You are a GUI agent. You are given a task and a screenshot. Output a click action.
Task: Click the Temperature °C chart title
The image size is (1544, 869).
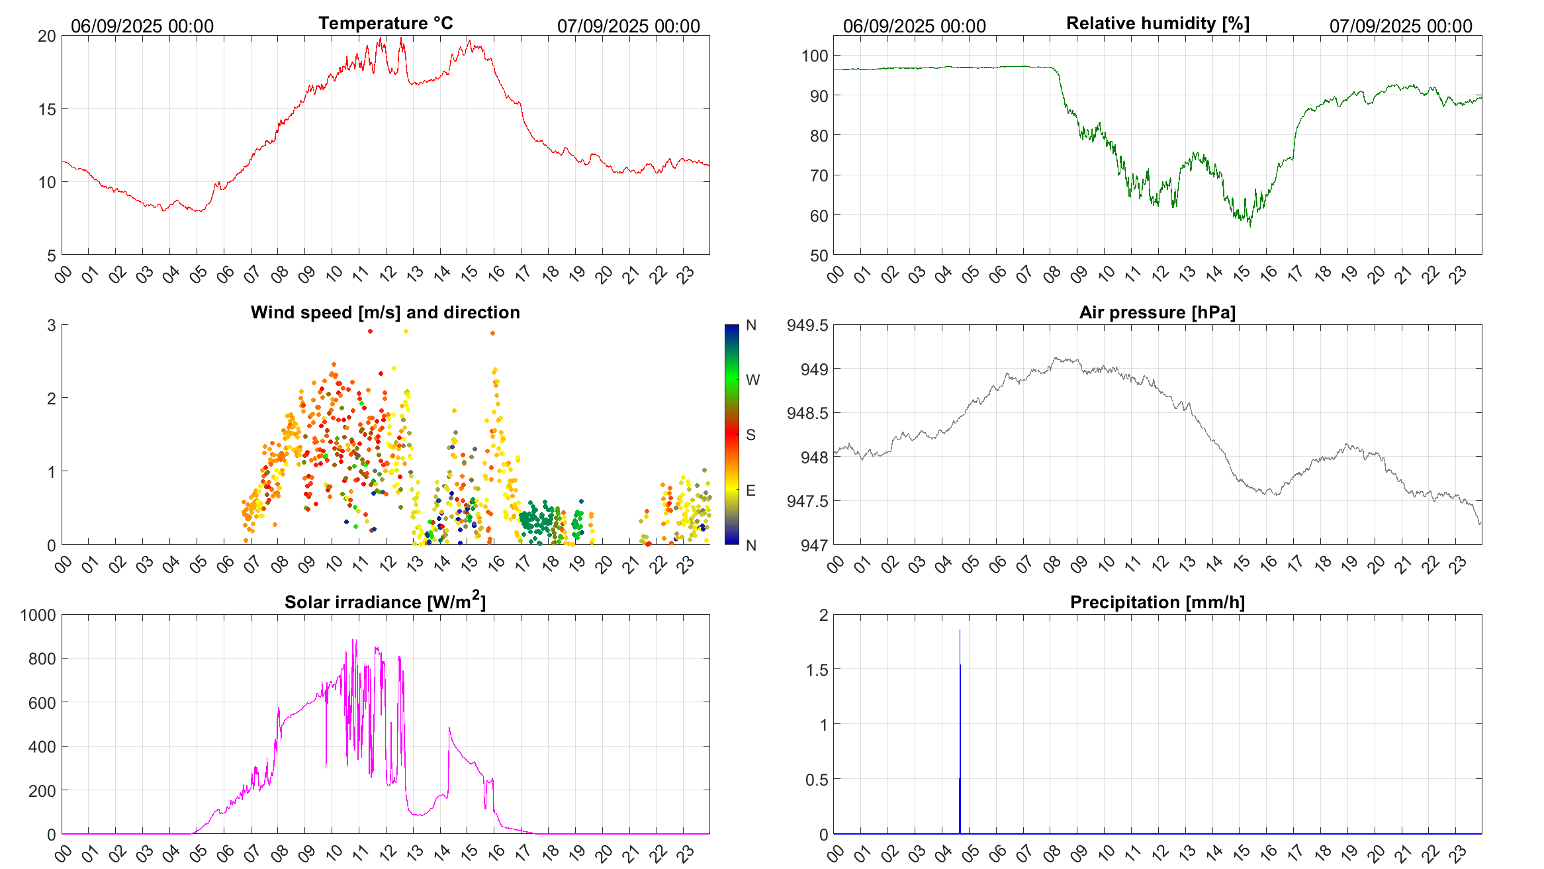[385, 23]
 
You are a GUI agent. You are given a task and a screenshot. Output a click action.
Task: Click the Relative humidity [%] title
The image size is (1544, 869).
[1158, 23]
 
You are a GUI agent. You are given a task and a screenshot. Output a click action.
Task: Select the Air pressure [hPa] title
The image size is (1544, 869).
[1157, 312]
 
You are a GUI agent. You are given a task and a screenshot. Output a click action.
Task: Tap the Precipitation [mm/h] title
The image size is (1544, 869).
[1157, 602]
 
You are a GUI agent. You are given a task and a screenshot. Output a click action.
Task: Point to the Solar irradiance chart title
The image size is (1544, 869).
[385, 602]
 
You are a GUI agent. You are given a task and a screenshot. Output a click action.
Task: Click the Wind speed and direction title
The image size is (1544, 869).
[385, 312]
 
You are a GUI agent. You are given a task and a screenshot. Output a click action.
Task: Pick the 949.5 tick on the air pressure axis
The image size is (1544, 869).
[807, 325]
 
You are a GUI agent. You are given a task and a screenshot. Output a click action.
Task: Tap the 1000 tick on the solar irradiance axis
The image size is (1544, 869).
[38, 615]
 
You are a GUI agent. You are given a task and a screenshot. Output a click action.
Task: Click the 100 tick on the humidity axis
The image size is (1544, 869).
[815, 56]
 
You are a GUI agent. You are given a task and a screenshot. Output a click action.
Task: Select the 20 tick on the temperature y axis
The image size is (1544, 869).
[47, 36]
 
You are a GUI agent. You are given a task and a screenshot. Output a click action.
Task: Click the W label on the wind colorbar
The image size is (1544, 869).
[752, 380]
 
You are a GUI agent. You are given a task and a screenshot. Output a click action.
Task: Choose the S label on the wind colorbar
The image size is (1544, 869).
[750, 435]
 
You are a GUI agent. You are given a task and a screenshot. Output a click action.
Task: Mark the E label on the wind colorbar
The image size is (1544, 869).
[750, 490]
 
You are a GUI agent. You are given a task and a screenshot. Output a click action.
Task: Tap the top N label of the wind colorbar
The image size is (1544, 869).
[750, 325]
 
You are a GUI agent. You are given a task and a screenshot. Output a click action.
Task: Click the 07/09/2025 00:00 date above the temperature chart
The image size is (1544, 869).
[628, 26]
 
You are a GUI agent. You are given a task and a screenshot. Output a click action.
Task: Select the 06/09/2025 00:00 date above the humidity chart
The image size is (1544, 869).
[914, 26]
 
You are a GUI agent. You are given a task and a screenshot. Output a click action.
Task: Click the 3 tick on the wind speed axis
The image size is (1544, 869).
[51, 325]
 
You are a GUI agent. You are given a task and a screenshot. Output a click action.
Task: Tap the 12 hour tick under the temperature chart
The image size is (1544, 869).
[387, 273]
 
